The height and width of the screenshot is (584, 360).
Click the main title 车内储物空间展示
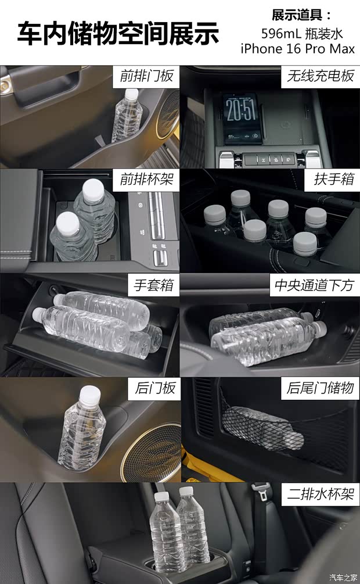118,34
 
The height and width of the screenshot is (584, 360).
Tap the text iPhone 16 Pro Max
297,49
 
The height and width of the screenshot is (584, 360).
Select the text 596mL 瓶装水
302,34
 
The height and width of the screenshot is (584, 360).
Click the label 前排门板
147,76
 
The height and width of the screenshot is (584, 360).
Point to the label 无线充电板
320,76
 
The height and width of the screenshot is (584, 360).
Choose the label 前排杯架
147,180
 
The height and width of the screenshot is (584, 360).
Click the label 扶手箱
333,179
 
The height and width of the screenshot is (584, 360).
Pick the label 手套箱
154,285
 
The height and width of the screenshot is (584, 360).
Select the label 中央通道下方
314,285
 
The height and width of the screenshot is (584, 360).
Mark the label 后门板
155,388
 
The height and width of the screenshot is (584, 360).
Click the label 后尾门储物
320,388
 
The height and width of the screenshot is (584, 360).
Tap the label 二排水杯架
320,495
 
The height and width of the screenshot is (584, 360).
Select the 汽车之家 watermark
343,578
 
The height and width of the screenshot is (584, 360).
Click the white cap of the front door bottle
131,95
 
